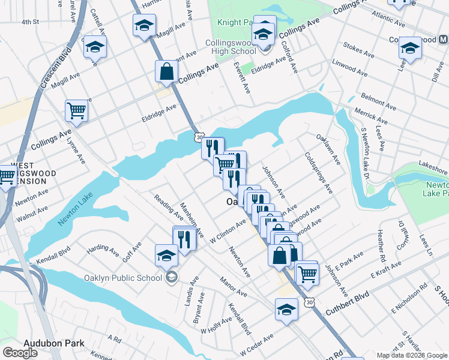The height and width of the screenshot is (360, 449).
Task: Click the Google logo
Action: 20,353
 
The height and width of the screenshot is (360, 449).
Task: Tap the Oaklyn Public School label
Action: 133,277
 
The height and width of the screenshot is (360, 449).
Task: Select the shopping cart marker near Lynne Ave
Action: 77,110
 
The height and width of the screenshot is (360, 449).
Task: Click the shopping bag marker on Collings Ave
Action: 166,73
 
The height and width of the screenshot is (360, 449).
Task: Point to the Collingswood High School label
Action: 231,47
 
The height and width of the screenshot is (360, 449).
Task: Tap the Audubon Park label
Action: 53,344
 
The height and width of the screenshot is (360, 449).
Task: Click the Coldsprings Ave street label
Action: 318,173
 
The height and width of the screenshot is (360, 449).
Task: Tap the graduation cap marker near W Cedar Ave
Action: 286,310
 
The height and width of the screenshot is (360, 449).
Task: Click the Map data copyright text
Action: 412,355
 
